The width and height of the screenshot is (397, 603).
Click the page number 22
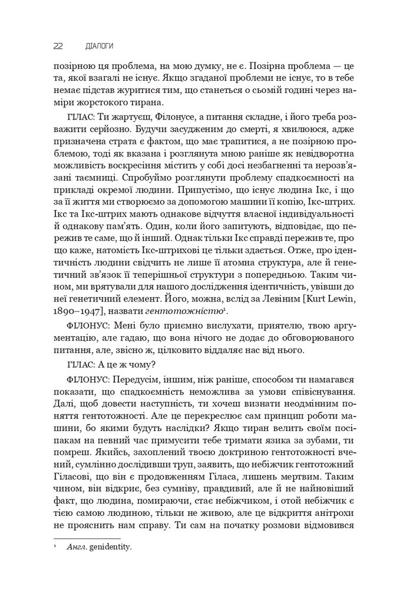(58, 45)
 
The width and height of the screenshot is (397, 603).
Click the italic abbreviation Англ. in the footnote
(76, 547)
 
